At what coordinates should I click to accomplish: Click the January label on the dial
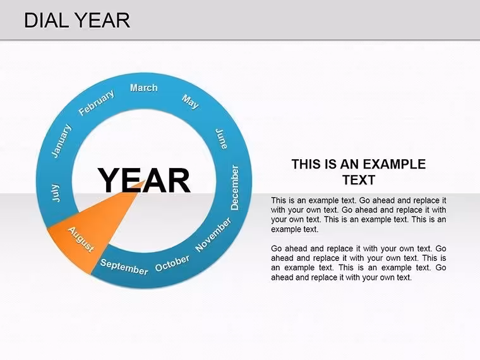[61, 141]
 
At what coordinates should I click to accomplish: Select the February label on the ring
[97, 102]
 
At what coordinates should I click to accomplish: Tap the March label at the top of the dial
[144, 88]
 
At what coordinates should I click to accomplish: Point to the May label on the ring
[190, 102]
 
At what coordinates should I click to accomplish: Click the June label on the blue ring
[222, 139]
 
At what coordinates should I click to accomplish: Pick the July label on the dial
[56, 193]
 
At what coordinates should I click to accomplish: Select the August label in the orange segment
[81, 239]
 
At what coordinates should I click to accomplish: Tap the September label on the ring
[124, 267]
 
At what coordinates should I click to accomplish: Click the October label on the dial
[172, 263]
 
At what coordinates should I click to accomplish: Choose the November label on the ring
[213, 234]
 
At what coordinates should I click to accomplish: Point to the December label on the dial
[235, 188]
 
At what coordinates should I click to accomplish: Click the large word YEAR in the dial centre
[144, 180]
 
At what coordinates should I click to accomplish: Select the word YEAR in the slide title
[102, 20]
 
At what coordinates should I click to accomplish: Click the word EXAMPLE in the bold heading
[395, 164]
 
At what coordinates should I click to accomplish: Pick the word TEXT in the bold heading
[359, 180]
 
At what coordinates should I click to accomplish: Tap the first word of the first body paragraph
[279, 200]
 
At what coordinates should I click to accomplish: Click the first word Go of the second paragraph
[276, 249]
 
